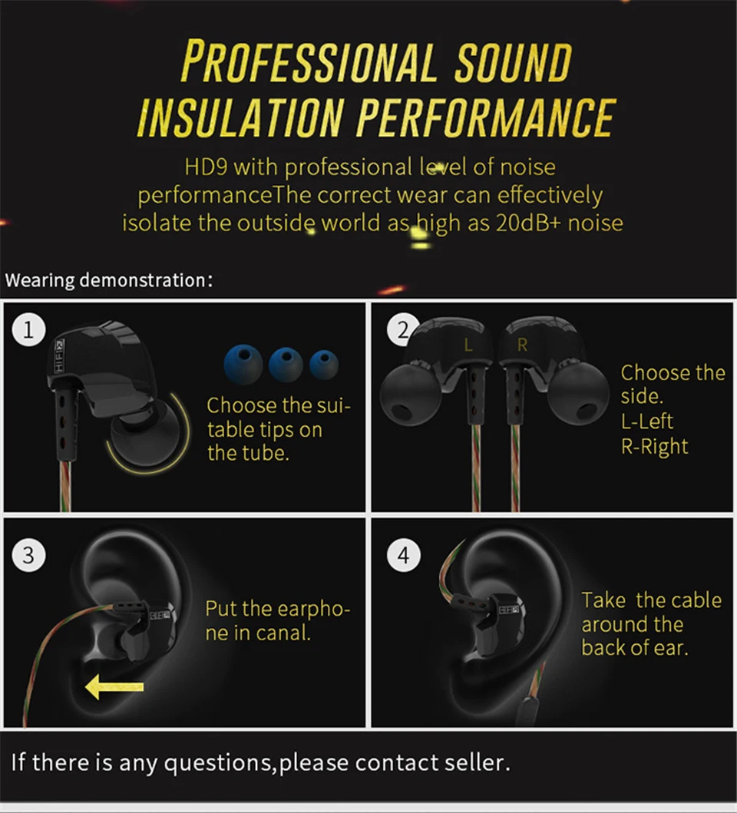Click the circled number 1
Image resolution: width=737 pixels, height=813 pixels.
click(28, 330)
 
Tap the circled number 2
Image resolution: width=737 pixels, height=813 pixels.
click(402, 330)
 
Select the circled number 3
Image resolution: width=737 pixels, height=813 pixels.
click(28, 555)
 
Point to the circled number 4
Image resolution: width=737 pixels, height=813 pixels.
click(404, 555)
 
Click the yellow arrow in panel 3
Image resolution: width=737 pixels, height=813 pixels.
click(114, 687)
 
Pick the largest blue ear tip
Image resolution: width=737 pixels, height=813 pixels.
click(243, 364)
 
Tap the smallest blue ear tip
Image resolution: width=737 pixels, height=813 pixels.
click(324, 365)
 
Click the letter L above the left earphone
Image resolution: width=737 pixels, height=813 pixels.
click(468, 345)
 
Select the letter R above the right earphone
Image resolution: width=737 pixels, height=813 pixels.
click(522, 345)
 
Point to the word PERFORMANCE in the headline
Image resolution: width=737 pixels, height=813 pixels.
click(486, 117)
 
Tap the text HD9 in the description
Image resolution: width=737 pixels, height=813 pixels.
click(206, 167)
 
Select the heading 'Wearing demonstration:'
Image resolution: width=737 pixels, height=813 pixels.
click(109, 280)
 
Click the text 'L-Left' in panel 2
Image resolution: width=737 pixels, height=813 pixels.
click(646, 421)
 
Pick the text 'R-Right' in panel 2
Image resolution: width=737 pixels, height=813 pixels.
click(655, 446)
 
